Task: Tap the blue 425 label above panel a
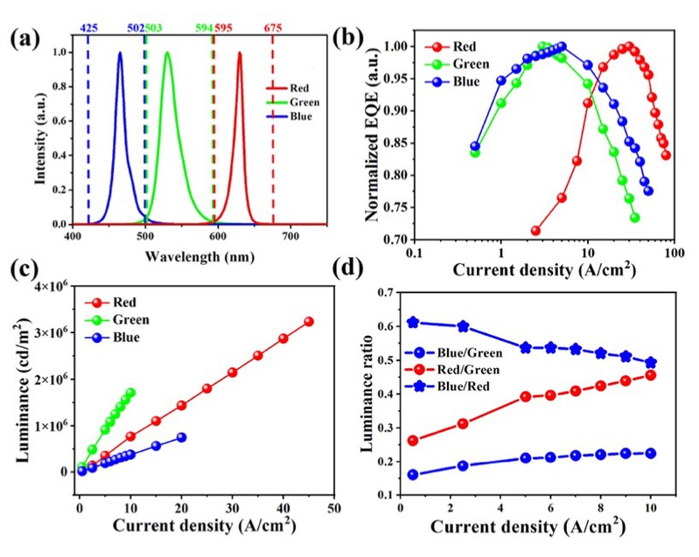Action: (88, 28)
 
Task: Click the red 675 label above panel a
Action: (273, 28)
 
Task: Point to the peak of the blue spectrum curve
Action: (120, 53)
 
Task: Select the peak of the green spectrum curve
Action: (167, 53)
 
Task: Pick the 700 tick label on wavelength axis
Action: (290, 237)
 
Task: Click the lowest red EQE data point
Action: (535, 231)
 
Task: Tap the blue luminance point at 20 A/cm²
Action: (181, 437)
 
